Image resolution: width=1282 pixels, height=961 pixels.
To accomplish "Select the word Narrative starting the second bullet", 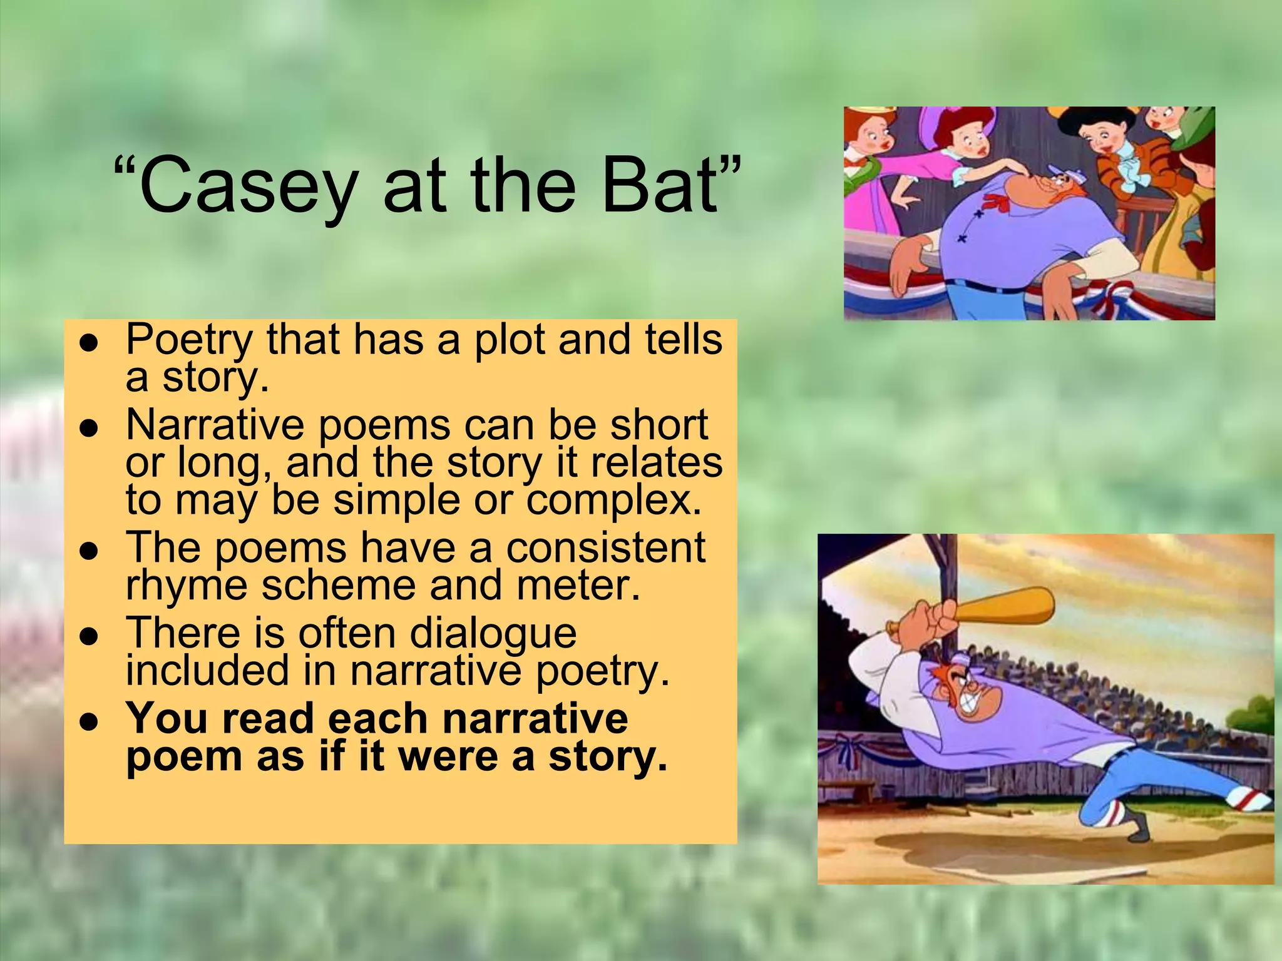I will point(215,425).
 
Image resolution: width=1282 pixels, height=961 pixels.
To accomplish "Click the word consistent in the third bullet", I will point(605,547).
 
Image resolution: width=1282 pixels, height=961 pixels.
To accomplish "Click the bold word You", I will point(165,718).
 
